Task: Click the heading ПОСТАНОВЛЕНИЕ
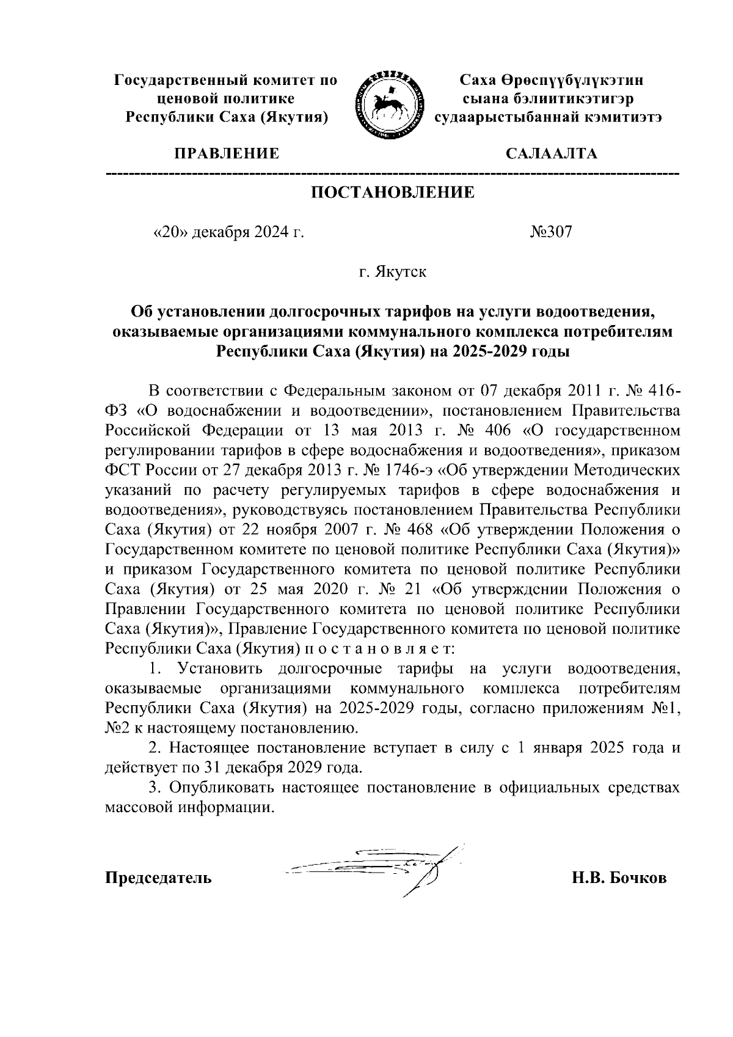pyautogui.click(x=393, y=193)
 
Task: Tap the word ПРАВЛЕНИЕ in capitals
pyautogui.click(x=227, y=154)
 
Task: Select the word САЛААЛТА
pyautogui.click(x=552, y=154)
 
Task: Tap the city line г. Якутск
pyautogui.click(x=393, y=271)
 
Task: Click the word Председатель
pyautogui.click(x=159, y=878)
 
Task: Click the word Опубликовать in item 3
pyautogui.click(x=222, y=788)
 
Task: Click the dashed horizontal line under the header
pyautogui.click(x=393, y=175)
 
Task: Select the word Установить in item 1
pyautogui.click(x=217, y=669)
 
